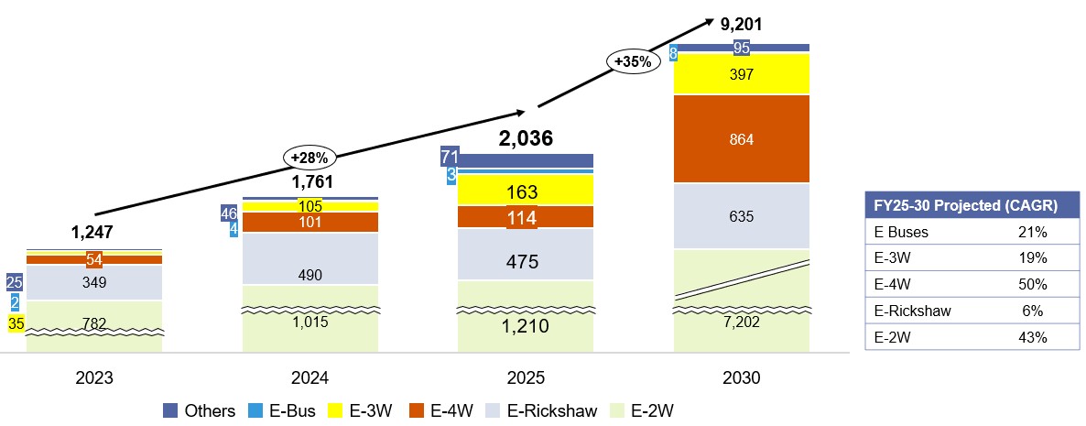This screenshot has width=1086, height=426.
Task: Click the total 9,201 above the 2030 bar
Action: pos(742,24)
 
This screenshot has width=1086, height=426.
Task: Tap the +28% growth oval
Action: pos(310,157)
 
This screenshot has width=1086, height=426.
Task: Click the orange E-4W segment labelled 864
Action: pos(742,138)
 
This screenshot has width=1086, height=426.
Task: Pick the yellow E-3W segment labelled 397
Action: pos(742,74)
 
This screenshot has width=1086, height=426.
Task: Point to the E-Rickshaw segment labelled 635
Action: pos(742,217)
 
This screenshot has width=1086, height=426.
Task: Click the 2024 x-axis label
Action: pos(310,377)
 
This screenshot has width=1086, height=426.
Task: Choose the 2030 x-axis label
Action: pos(742,377)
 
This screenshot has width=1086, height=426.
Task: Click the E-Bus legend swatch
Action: pos(261,410)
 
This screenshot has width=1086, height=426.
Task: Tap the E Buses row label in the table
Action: pos(897,232)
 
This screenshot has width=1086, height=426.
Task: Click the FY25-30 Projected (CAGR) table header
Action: pos(961,205)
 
